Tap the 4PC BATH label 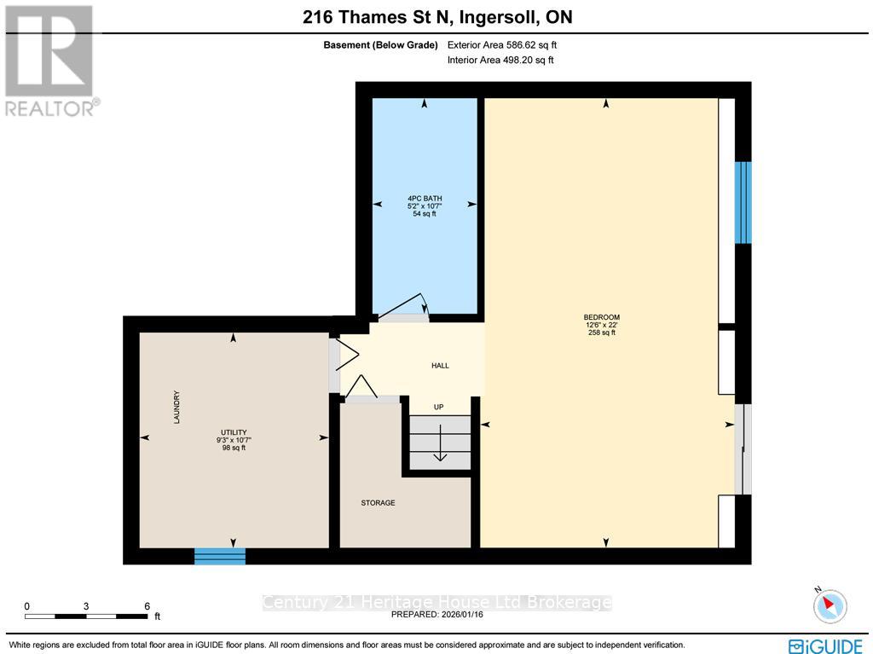[424, 199]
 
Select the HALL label [440, 366]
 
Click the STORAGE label [378, 503]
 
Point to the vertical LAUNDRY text [176, 408]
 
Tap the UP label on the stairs [439, 407]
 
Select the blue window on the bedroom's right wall [743, 202]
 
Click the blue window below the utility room [220, 557]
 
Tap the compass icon [830, 606]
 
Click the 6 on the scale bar [147, 605]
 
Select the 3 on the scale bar [86, 605]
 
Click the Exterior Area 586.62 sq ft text [502, 45]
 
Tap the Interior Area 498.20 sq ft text [500, 60]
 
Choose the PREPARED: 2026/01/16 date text [436, 614]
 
